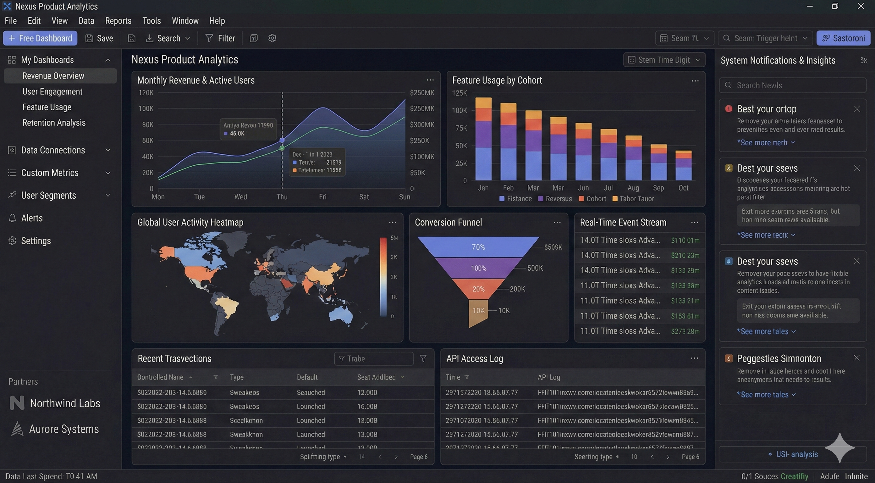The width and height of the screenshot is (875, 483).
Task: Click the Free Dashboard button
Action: tap(40, 38)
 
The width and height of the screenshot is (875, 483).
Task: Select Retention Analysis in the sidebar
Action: tap(54, 123)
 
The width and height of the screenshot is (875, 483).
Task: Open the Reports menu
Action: tap(118, 21)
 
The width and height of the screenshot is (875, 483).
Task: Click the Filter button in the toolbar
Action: tap(220, 38)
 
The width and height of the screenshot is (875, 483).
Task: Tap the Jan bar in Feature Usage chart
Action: tap(483, 139)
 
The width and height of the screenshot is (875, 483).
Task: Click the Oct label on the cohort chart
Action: tap(683, 188)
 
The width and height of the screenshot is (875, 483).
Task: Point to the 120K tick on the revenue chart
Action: tap(146, 93)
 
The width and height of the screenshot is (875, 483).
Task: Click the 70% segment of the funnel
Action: tap(478, 247)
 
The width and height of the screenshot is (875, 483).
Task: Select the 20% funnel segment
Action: tap(478, 289)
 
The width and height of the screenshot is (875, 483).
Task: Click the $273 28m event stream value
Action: tap(685, 331)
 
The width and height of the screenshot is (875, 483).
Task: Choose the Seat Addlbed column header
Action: tap(376, 377)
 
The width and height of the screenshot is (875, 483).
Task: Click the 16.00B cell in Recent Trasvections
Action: tap(367, 407)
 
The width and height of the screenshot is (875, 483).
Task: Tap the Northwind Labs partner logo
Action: tap(17, 403)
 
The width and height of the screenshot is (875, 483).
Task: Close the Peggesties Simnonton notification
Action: tap(856, 358)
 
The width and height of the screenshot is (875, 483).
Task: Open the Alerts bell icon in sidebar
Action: tap(12, 218)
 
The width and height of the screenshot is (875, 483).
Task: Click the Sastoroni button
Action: tap(843, 38)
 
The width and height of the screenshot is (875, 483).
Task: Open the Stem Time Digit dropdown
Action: tap(664, 60)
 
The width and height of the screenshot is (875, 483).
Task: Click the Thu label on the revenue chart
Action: tap(282, 197)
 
